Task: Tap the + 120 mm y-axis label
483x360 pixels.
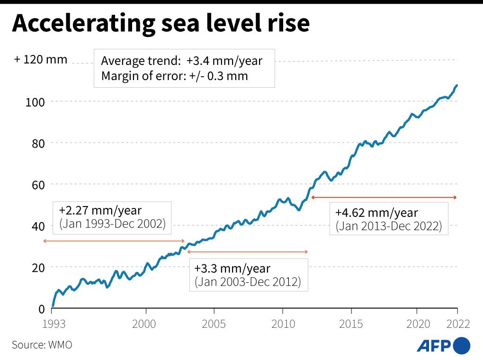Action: [41, 60]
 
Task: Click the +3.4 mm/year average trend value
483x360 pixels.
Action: [224, 62]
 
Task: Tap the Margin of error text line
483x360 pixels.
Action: [174, 76]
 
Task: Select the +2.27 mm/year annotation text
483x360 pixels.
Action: [100, 210]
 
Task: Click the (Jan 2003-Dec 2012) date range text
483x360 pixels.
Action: [248, 282]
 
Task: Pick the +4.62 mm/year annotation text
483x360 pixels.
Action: [376, 213]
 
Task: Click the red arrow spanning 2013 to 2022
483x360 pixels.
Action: [384, 197]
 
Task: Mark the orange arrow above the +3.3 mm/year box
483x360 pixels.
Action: [247, 252]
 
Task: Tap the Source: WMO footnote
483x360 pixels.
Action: [42, 345]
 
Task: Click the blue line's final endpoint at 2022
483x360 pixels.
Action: [457, 86]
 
